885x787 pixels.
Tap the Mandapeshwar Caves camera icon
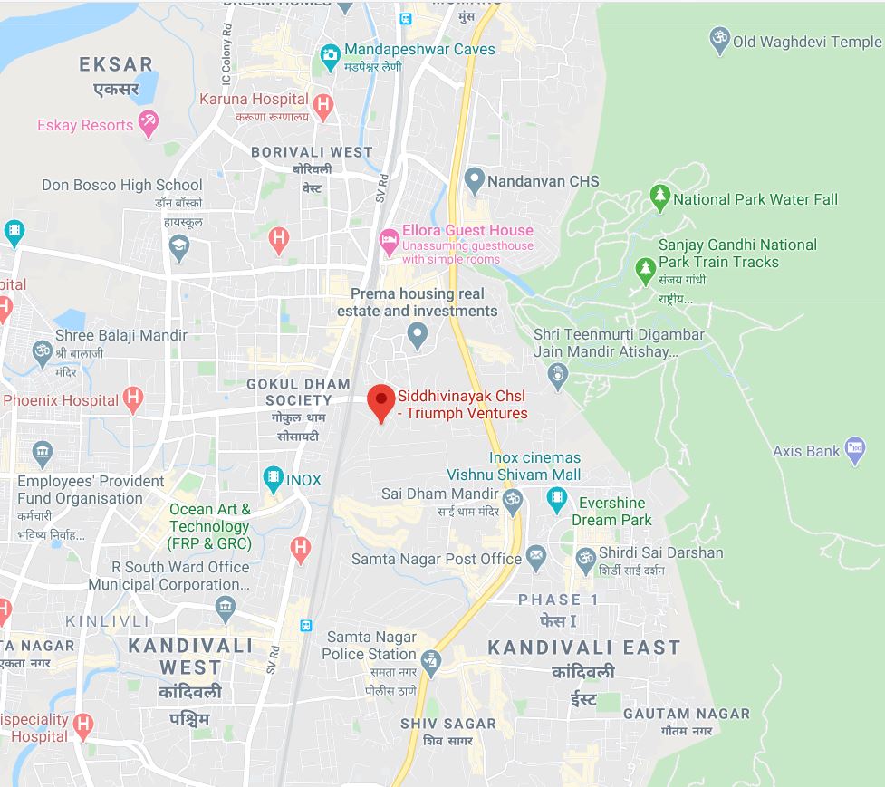point(330,56)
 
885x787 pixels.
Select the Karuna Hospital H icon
point(322,105)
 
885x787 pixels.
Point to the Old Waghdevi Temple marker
point(720,40)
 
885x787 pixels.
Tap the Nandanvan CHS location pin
point(474,180)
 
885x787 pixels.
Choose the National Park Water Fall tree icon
point(660,197)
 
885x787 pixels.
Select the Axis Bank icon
point(854,449)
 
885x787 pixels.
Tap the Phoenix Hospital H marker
point(133,398)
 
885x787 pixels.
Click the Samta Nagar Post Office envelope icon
point(536,557)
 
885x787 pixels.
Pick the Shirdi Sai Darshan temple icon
point(585,556)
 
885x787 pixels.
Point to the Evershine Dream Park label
point(612,512)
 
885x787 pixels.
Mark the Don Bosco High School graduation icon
point(179,246)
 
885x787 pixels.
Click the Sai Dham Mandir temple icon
point(513,501)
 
